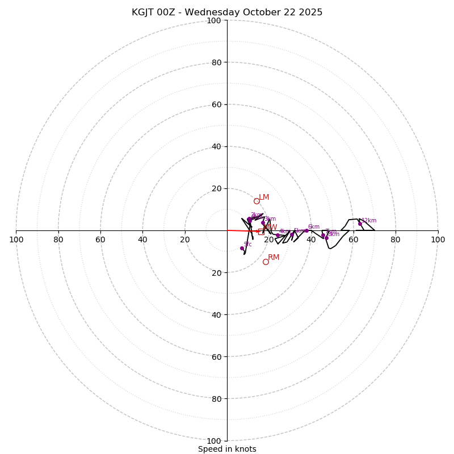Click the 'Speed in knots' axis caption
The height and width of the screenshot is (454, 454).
click(227, 449)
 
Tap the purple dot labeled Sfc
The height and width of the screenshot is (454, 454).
click(242, 248)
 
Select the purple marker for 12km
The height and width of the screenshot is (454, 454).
click(360, 224)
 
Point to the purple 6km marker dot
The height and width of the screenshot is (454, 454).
click(306, 230)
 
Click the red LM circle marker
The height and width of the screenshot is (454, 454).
click(257, 201)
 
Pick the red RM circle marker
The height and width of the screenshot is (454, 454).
click(266, 262)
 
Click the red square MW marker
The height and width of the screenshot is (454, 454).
click(261, 232)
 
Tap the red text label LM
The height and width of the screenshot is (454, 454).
click(264, 197)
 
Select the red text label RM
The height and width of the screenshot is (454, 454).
click(274, 258)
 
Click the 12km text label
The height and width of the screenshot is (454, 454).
click(369, 221)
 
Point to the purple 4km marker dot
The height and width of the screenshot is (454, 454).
click(278, 236)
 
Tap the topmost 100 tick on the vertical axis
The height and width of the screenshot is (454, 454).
click(214, 20)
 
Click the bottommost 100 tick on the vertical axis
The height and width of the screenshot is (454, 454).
click(214, 441)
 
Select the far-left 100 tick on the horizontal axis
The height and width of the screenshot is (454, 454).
click(16, 239)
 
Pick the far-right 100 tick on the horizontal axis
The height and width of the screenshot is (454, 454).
click(438, 239)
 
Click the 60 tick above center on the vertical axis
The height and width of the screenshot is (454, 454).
click(216, 104)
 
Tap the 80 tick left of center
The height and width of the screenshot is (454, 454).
click(58, 239)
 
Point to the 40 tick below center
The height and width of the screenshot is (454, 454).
click(216, 314)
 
